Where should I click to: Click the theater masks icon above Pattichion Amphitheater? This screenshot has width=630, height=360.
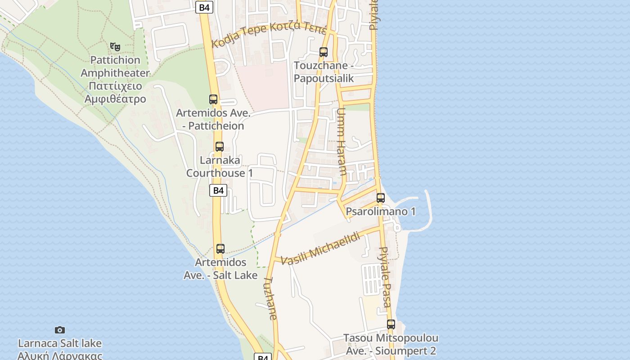(x=115, y=46)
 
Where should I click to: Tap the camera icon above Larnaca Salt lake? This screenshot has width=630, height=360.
(x=59, y=330)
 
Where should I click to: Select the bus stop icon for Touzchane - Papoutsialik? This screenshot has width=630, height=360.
(x=323, y=52)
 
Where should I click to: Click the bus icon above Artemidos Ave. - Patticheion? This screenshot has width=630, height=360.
(x=213, y=99)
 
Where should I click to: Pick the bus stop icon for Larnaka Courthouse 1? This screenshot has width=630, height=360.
(x=220, y=147)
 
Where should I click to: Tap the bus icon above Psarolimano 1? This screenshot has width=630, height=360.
(x=381, y=198)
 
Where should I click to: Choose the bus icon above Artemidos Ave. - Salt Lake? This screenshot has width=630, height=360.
(x=220, y=249)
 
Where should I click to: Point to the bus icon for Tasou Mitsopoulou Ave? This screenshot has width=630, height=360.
(x=391, y=324)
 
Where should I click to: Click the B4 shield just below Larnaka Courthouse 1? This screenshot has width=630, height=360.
(x=218, y=190)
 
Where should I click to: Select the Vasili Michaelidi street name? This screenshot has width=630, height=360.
(x=320, y=248)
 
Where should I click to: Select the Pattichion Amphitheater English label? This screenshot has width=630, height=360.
(x=115, y=66)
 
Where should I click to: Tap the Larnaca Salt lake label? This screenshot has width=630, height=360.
(x=60, y=343)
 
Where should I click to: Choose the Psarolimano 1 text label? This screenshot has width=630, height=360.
(x=381, y=211)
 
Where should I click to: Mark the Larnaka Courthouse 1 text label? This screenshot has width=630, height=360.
(x=220, y=166)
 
